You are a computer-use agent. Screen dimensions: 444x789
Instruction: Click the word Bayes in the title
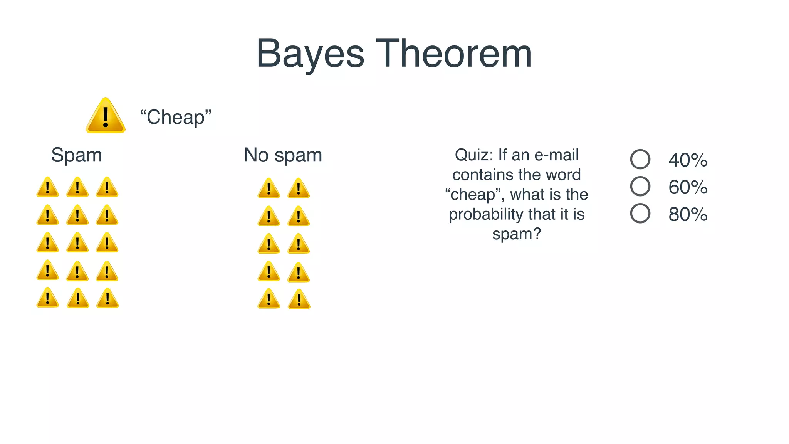(x=310, y=54)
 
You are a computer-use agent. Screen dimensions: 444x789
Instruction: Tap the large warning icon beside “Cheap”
(x=106, y=116)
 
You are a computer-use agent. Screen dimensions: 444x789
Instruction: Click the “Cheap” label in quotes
(x=176, y=117)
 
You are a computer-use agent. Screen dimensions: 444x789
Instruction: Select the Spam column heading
(x=77, y=155)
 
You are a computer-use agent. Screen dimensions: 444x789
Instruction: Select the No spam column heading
(x=283, y=155)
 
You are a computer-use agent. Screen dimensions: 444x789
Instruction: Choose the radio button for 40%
(x=640, y=159)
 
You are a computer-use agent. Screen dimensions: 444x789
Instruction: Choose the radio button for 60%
(x=640, y=186)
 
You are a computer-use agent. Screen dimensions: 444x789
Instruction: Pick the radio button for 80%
(x=640, y=213)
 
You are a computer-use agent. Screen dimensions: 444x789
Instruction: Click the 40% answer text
(x=688, y=160)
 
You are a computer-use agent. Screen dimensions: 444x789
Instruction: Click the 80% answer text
(x=688, y=214)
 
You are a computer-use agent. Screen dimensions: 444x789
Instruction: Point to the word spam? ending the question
(x=517, y=234)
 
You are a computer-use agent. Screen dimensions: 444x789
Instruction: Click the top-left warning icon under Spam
(x=48, y=188)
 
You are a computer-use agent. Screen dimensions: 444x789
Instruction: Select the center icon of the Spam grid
(x=77, y=243)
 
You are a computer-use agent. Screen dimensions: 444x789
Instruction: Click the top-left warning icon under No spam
(x=269, y=189)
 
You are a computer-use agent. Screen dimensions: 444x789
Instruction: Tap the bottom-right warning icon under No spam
(x=299, y=300)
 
